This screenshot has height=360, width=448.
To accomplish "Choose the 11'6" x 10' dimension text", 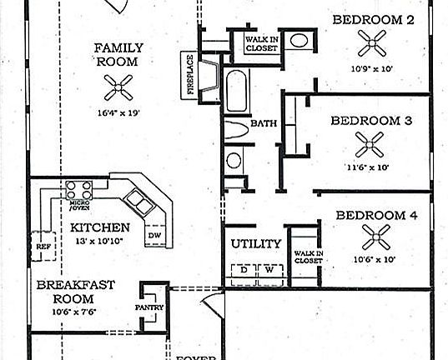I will click(x=370, y=167).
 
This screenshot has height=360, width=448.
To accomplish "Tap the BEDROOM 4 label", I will click(x=375, y=216).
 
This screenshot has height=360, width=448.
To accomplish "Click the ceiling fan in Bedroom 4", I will click(x=377, y=240).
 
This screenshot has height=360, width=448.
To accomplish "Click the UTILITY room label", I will click(x=255, y=244).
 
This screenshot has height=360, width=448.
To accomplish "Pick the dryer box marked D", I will click(x=244, y=269).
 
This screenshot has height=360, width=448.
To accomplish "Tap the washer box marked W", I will click(x=269, y=269).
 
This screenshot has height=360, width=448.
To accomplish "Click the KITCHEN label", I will click(x=99, y=227).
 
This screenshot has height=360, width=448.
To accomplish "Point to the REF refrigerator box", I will click(x=43, y=247).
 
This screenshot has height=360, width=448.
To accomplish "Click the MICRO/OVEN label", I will click(x=80, y=204).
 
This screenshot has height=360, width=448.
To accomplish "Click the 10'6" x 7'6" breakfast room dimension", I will click(x=75, y=312).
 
